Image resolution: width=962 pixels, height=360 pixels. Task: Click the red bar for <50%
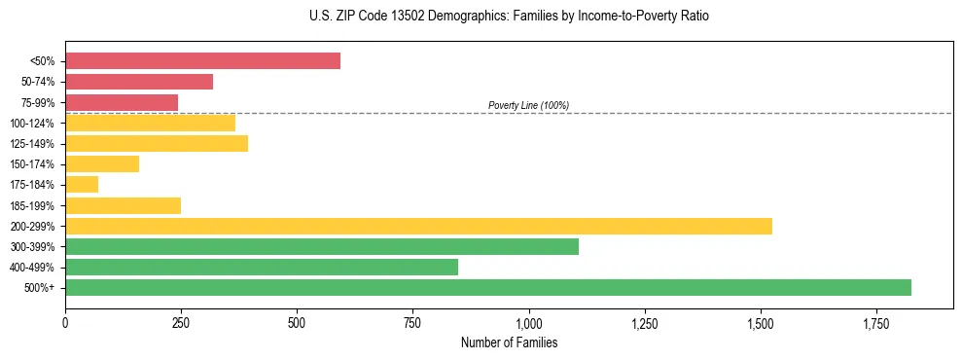point(202,61)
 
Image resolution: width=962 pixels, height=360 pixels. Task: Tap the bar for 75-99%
point(122,102)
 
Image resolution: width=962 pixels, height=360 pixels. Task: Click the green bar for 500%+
point(488,287)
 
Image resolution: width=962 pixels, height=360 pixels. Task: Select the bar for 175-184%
point(82,184)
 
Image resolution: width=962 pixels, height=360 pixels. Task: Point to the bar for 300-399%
point(322,246)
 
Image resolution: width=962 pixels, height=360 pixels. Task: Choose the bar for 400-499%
point(262,267)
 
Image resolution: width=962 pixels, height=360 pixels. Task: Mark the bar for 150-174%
point(102,163)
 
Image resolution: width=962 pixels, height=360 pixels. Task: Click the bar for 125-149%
point(157,143)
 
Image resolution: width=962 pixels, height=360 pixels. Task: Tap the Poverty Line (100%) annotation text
point(528,105)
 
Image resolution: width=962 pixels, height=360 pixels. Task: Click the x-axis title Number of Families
point(509,342)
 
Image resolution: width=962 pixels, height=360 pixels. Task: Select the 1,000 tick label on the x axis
point(528,323)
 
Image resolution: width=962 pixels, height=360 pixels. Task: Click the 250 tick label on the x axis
point(181,323)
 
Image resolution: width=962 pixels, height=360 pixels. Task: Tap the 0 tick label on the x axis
point(65,323)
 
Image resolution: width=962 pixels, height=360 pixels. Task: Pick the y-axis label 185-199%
point(32,205)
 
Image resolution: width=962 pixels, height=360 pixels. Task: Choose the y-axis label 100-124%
point(32,123)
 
